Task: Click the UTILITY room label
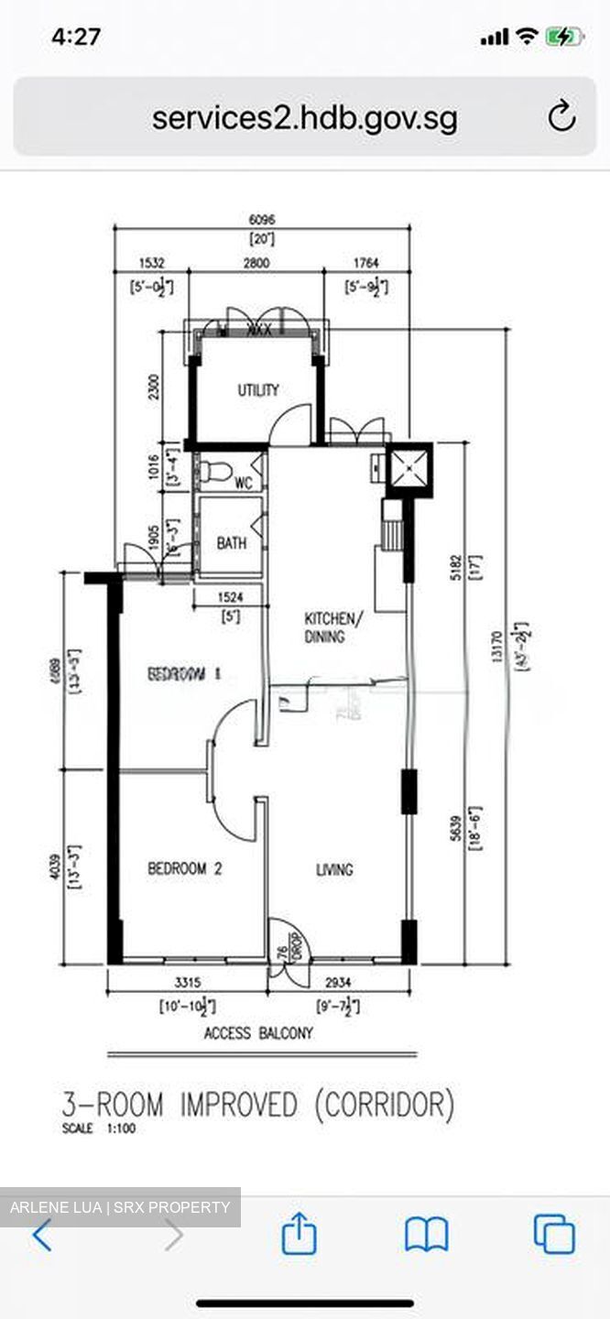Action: (x=258, y=390)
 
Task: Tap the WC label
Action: (x=244, y=483)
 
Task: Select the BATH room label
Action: (x=232, y=543)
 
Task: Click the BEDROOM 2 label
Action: (x=185, y=868)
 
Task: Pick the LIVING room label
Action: (x=334, y=869)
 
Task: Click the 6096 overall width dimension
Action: (x=262, y=220)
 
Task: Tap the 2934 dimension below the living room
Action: (x=338, y=982)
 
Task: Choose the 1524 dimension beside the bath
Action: (x=230, y=596)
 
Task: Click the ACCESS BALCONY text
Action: (x=258, y=1033)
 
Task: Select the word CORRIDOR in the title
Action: (x=384, y=1105)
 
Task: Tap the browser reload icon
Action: (x=561, y=116)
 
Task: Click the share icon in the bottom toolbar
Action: (x=300, y=1235)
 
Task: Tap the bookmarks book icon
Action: (x=426, y=1235)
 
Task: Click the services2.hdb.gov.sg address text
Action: (x=304, y=118)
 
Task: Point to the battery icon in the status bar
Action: (x=562, y=37)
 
